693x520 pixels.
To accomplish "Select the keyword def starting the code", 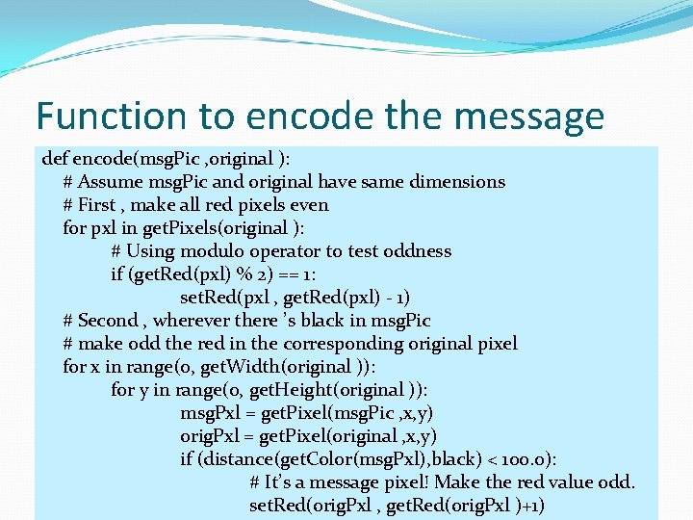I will click(55, 158).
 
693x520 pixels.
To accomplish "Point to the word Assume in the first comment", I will click(110, 181).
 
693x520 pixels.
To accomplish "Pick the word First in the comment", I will click(96, 204).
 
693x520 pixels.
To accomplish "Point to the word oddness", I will click(417, 251).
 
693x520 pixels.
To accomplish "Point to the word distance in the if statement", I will click(239, 459).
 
